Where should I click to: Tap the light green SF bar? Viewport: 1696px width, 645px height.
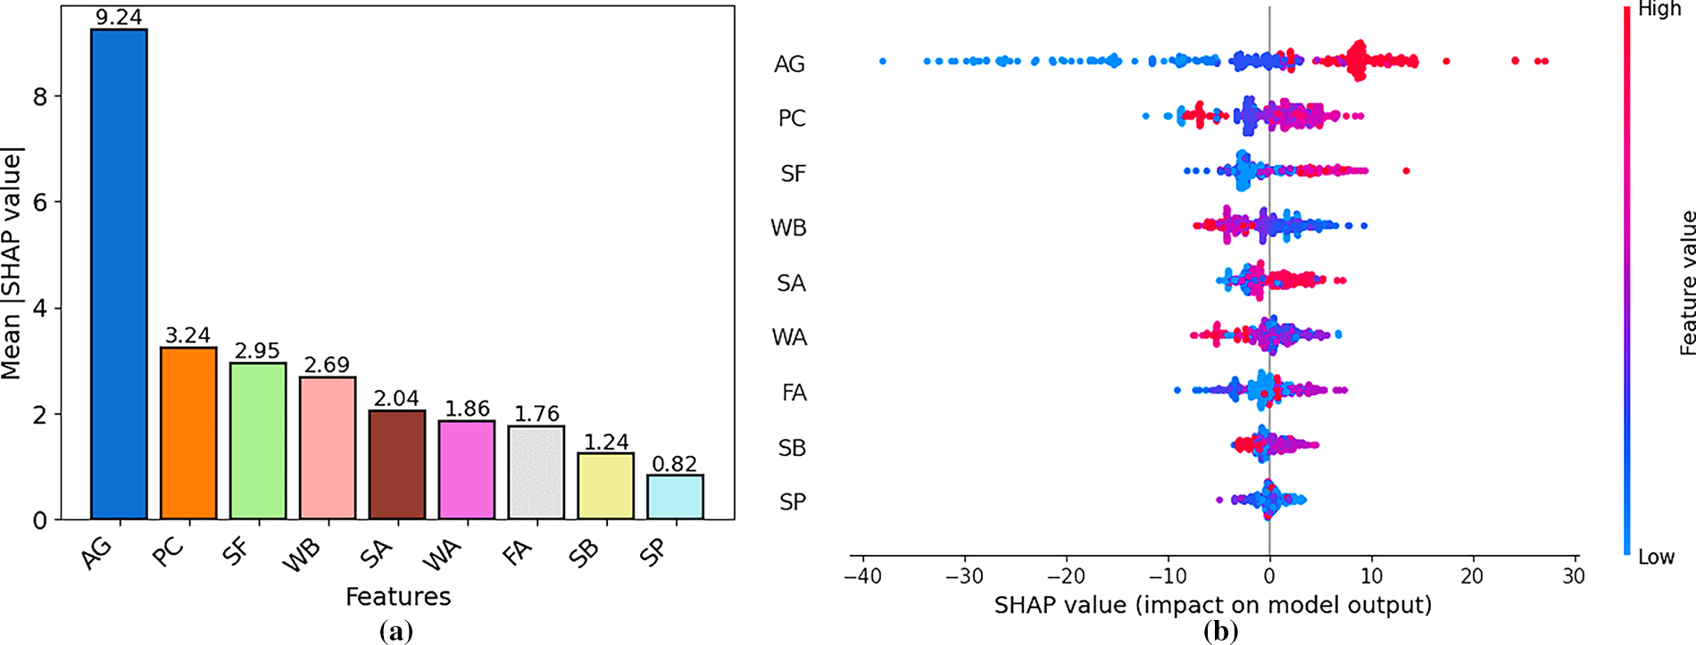point(258,441)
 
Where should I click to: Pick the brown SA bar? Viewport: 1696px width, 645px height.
point(397,465)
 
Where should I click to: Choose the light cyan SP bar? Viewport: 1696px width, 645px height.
point(675,497)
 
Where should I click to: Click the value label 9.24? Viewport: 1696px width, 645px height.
point(119,17)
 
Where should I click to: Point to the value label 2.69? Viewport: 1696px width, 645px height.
point(327,365)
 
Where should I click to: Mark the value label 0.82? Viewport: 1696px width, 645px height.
point(675,463)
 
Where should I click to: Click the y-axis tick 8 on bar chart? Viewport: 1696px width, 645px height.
point(40,96)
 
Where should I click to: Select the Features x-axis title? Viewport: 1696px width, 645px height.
point(398,596)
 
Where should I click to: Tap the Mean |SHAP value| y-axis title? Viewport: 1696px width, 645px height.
point(11,265)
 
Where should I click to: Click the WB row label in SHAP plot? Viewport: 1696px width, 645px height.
point(789,228)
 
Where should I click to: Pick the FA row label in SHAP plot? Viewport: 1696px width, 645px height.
point(794,393)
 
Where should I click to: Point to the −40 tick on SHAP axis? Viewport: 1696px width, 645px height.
point(862,576)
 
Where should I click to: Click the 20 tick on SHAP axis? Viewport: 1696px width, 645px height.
point(1472,576)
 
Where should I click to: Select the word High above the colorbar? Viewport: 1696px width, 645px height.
point(1659,11)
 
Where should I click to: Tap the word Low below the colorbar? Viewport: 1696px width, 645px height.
point(1656,558)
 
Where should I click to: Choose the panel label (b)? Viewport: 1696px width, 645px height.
point(1221,632)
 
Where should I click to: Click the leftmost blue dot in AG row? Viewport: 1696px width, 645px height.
point(883,62)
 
